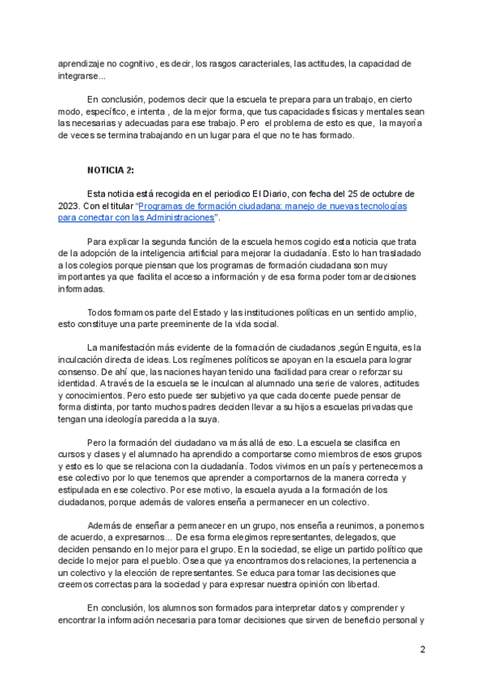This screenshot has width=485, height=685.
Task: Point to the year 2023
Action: (71, 206)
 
